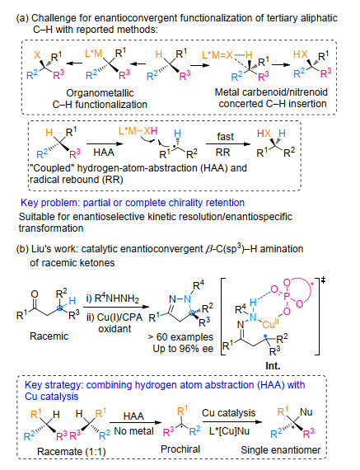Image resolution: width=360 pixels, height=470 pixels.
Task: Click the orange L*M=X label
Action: pyautogui.click(x=217, y=54)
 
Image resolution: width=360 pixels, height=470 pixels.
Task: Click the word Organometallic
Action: pyautogui.click(x=100, y=93)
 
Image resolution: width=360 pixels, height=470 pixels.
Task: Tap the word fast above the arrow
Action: pyautogui.click(x=225, y=137)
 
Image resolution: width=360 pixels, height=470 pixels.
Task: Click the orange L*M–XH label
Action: pyautogui.click(x=138, y=131)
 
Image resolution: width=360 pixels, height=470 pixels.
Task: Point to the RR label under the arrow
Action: pyautogui.click(x=222, y=153)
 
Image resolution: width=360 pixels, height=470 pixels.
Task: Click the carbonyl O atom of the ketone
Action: pyautogui.click(x=35, y=294)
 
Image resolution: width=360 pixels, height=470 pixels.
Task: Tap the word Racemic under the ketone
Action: pyautogui.click(x=49, y=336)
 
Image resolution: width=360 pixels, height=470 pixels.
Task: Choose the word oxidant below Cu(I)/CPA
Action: pyautogui.click(x=115, y=329)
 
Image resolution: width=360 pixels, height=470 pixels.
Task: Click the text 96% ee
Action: pyautogui.click(x=197, y=349)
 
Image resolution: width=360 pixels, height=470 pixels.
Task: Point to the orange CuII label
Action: pyautogui.click(x=270, y=324)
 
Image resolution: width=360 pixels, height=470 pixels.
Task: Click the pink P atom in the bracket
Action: pyautogui.click(x=287, y=297)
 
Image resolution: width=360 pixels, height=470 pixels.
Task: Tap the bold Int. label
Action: pyautogui.click(x=273, y=366)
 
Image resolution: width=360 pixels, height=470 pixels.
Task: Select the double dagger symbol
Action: pyautogui.click(x=323, y=280)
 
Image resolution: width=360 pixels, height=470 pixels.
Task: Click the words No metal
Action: pyautogui.click(x=134, y=431)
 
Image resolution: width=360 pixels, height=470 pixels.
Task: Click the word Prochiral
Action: pyautogui.click(x=180, y=449)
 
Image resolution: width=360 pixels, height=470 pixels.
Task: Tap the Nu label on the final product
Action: pyautogui.click(x=306, y=412)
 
